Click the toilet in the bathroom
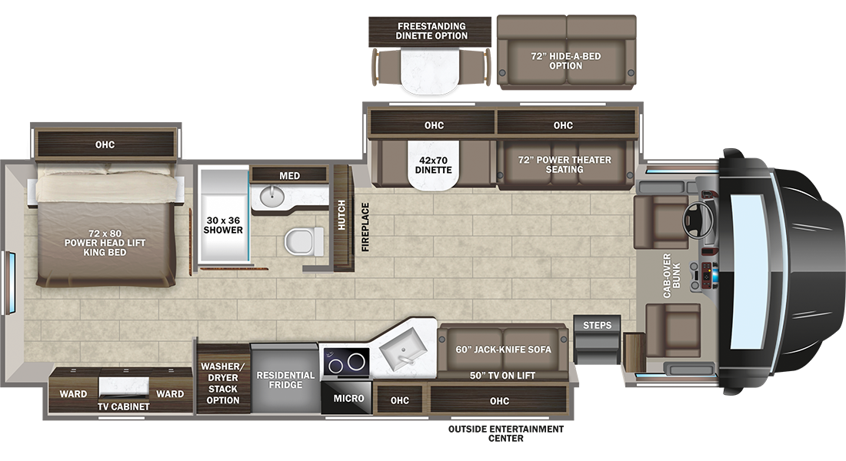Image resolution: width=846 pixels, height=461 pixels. click(303, 241)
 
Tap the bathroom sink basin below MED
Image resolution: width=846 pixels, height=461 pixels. click(271, 196)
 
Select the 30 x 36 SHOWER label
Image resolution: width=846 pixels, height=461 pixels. click(223, 225)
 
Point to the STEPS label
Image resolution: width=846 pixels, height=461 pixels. click(598, 325)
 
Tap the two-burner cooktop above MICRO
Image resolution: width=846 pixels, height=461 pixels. click(346, 362)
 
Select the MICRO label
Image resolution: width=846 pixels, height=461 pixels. click(348, 399)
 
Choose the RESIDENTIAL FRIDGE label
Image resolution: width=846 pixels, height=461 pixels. click(285, 380)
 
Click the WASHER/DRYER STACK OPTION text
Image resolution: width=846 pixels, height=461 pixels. click(223, 383)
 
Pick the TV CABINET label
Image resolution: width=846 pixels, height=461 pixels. click(124, 406)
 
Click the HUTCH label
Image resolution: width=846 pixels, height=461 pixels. click(341, 215)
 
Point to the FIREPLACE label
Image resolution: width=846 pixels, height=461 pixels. click(365, 227)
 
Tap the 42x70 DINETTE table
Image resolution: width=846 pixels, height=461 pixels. click(433, 165)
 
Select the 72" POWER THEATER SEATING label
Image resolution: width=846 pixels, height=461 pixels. click(565, 164)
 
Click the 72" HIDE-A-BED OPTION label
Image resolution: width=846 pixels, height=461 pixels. click(565, 61)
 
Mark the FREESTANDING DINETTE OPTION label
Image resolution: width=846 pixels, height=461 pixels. click(431, 31)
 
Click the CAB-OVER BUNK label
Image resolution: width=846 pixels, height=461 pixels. click(671, 275)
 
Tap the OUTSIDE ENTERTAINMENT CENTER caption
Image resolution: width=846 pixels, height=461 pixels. click(506, 433)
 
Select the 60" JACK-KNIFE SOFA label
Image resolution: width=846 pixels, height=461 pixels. click(504, 350)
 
